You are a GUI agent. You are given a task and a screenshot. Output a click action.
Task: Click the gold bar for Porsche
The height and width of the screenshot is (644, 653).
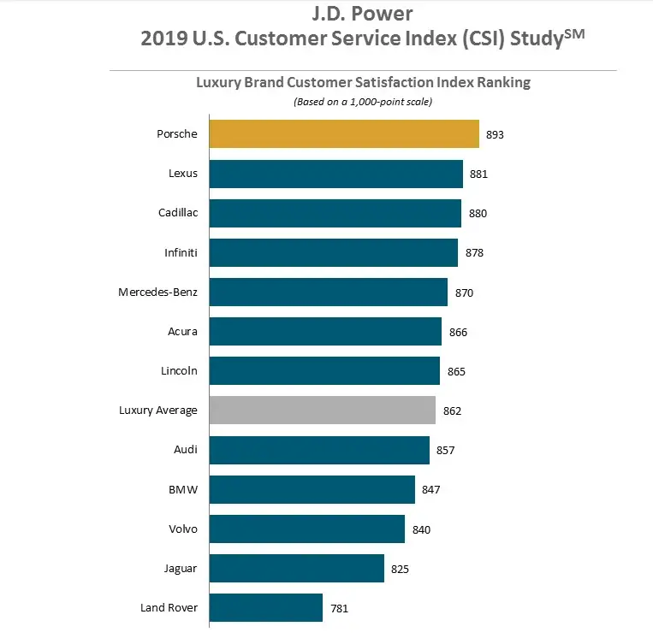(343, 134)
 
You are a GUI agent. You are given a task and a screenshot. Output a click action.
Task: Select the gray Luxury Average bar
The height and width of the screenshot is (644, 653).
(322, 411)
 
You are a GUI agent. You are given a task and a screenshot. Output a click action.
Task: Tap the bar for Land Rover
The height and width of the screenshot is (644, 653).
(265, 608)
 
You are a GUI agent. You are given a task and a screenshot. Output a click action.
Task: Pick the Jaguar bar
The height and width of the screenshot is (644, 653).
(296, 568)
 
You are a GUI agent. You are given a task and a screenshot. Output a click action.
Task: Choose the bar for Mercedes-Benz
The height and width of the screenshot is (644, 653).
(328, 292)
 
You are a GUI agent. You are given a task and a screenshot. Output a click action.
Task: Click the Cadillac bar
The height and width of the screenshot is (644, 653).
(335, 213)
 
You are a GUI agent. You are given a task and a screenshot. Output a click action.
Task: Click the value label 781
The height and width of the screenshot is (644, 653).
(339, 609)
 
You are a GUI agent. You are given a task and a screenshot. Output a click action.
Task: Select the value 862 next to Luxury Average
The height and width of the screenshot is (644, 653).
(452, 411)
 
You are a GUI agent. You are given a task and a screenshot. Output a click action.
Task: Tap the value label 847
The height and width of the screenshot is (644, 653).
(431, 490)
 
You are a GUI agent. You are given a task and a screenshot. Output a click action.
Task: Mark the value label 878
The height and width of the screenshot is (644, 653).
(474, 253)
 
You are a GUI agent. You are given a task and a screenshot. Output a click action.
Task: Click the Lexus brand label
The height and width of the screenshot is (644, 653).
(183, 174)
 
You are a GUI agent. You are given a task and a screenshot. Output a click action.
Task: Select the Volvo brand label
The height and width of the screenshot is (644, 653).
(182, 529)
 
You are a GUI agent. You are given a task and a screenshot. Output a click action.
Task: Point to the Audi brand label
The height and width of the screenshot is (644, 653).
(185, 450)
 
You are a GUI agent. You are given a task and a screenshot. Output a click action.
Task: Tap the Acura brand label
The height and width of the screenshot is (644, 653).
(182, 332)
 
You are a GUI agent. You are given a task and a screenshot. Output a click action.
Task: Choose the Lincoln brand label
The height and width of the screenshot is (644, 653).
(179, 371)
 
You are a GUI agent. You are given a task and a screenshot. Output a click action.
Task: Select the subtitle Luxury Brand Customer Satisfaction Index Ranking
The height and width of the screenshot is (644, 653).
(363, 83)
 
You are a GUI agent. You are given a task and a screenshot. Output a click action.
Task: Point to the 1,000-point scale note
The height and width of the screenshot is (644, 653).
(362, 102)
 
